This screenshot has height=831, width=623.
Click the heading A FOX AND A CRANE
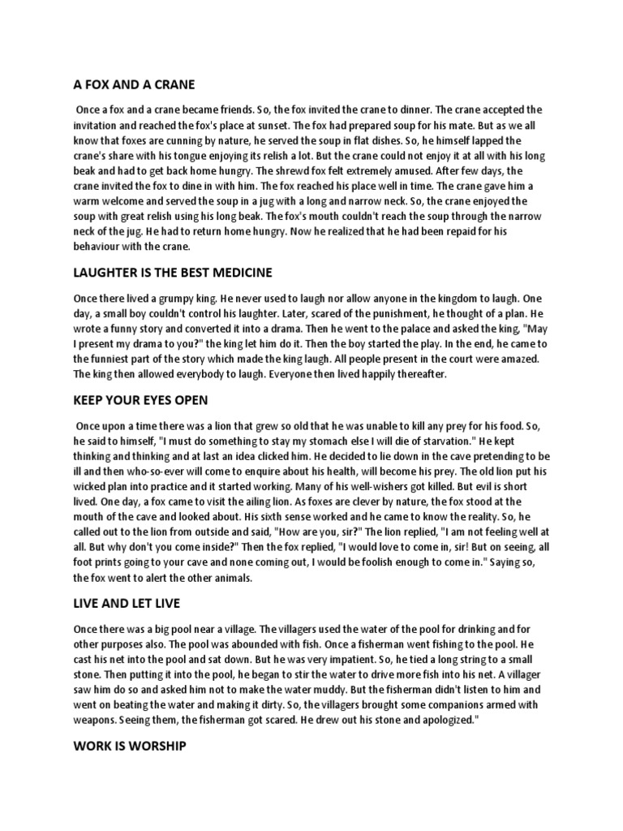[134, 84]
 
